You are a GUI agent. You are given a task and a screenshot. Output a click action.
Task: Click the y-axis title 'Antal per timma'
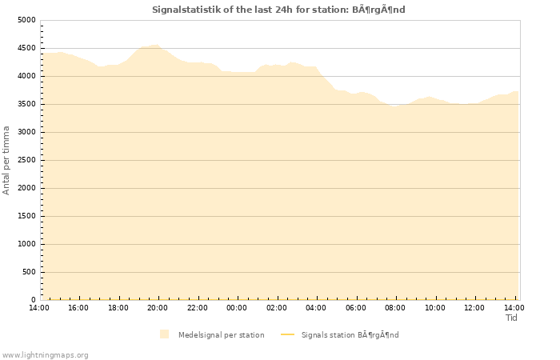6,160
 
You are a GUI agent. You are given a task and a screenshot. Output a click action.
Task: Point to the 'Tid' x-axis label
511,318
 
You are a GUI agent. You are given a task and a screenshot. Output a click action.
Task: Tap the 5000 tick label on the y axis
26,20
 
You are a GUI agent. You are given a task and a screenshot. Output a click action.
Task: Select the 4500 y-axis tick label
26,48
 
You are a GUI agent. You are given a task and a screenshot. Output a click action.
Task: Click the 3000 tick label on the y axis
26,132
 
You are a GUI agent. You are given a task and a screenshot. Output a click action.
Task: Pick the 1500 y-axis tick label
26,216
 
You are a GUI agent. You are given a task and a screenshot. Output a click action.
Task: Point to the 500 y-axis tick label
29,272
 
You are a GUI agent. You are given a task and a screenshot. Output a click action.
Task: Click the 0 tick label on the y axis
33,300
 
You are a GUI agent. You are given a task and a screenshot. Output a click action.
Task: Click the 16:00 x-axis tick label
78,307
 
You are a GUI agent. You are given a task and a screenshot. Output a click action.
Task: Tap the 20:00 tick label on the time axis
158,307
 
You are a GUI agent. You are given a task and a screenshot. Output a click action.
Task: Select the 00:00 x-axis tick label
237,307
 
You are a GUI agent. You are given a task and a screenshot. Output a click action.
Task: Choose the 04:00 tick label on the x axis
316,307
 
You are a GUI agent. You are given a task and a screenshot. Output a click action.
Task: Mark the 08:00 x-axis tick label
395,307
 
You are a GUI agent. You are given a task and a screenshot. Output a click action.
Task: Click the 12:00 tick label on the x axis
474,307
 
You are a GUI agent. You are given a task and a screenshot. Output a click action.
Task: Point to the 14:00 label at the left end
39,307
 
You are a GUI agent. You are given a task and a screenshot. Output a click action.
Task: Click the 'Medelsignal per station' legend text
221,334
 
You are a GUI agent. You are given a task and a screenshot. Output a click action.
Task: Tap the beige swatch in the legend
164,334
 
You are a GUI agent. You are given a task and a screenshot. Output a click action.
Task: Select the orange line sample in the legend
288,334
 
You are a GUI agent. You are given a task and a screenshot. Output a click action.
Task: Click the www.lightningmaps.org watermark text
45,354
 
